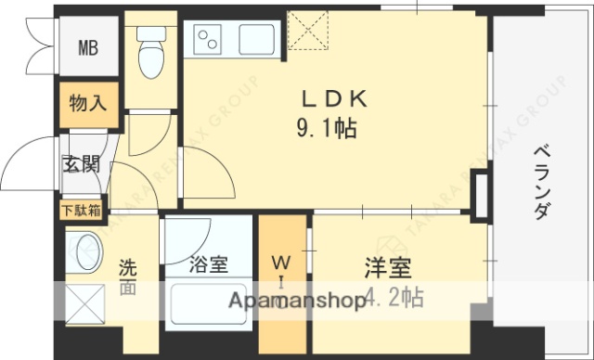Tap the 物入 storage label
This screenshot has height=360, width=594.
pos(88,103)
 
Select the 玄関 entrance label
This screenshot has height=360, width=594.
pos(81,166)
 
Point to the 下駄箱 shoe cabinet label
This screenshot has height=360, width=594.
pos(83,210)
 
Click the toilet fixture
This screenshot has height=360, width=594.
pos(148,54)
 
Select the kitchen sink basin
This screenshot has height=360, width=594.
pos(256,40)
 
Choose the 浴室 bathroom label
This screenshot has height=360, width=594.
pos(208,265)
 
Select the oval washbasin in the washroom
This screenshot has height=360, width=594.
pos(88,253)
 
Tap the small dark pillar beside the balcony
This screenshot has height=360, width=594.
pos(481,195)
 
